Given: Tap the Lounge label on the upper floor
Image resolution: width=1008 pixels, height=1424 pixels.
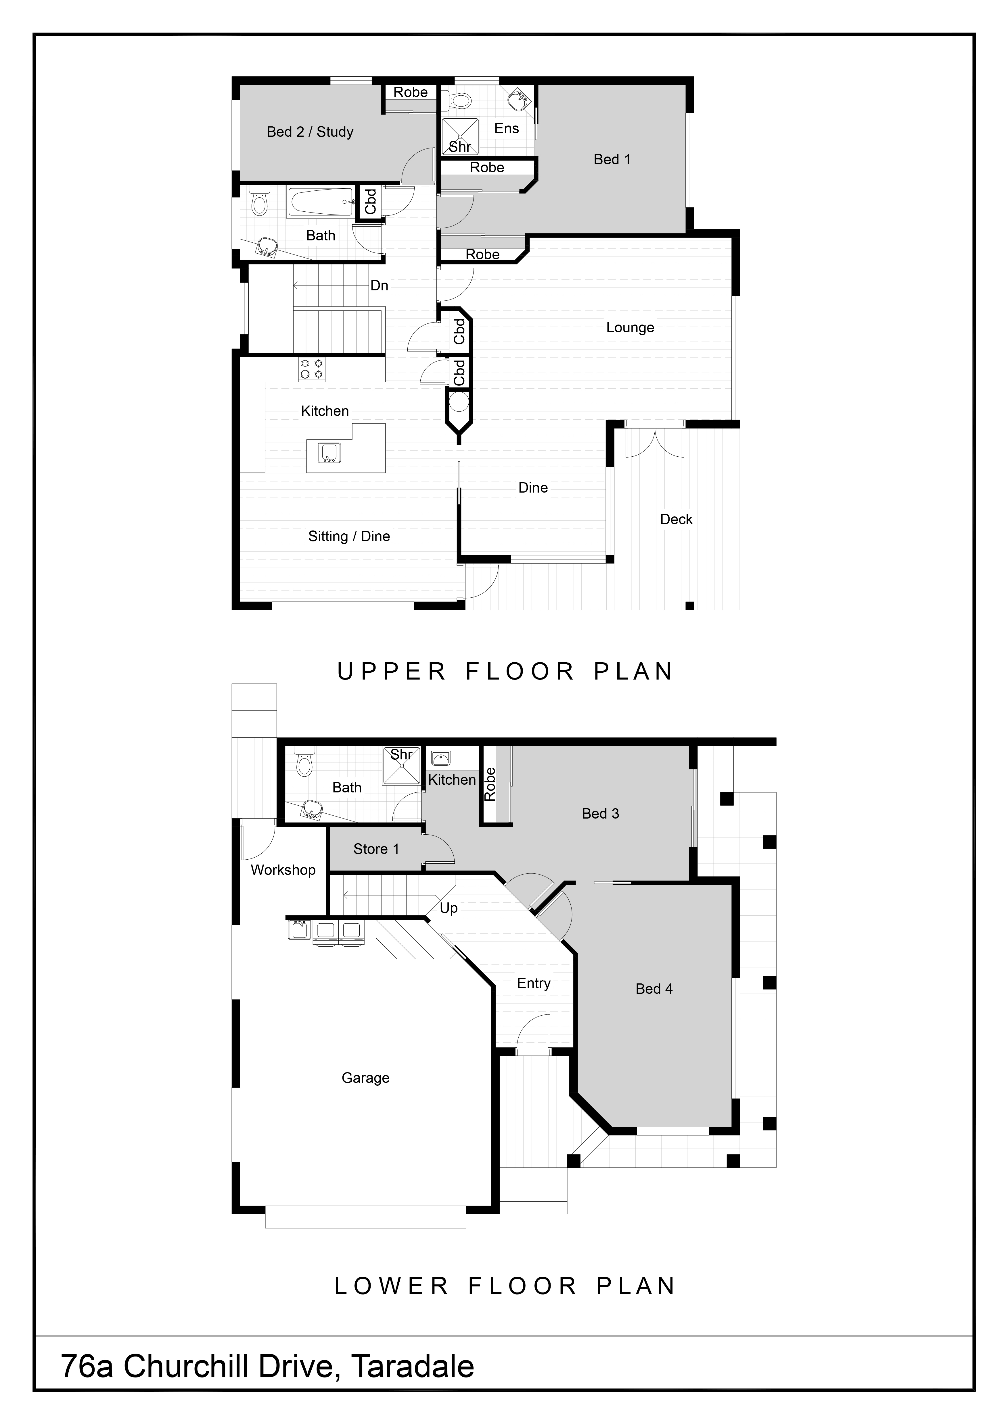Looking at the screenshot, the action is pyautogui.click(x=630, y=327).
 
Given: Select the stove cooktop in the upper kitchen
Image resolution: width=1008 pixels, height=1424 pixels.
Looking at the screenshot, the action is pyautogui.click(x=312, y=369).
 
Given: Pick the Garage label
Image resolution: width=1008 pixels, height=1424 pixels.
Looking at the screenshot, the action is pyautogui.click(x=366, y=1078).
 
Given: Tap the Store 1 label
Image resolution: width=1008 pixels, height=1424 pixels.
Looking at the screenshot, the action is pyautogui.click(x=376, y=849).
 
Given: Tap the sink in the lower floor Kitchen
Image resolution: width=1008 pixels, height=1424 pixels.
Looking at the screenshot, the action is pyautogui.click(x=441, y=758).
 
